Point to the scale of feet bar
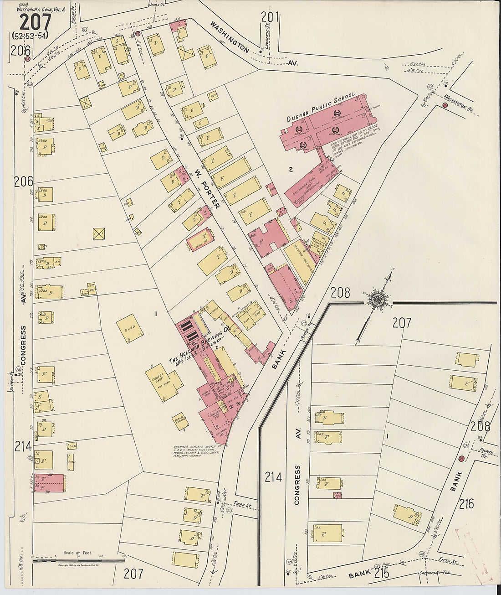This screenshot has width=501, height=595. click(78, 560)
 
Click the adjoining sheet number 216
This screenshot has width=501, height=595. click(466, 503)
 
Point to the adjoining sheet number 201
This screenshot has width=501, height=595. click(270, 16)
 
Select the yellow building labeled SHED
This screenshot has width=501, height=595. click(129, 327)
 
